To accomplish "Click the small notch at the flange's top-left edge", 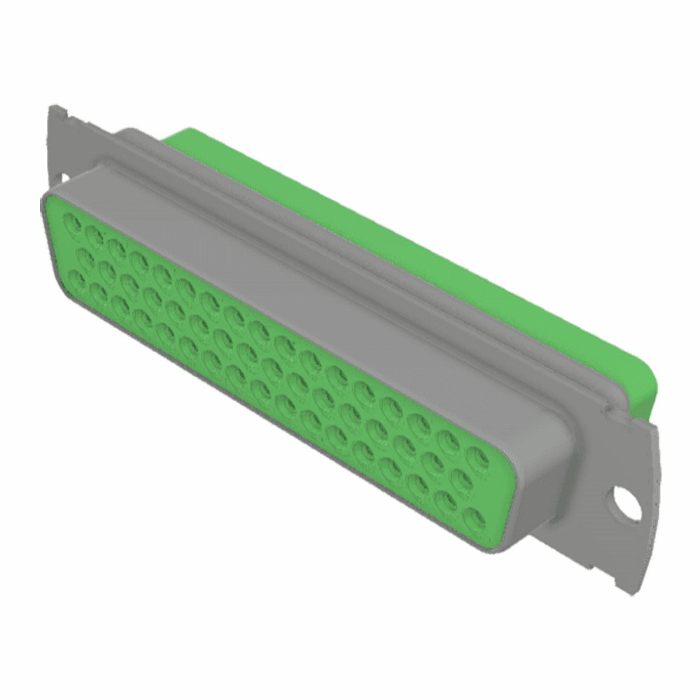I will point(64,111).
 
